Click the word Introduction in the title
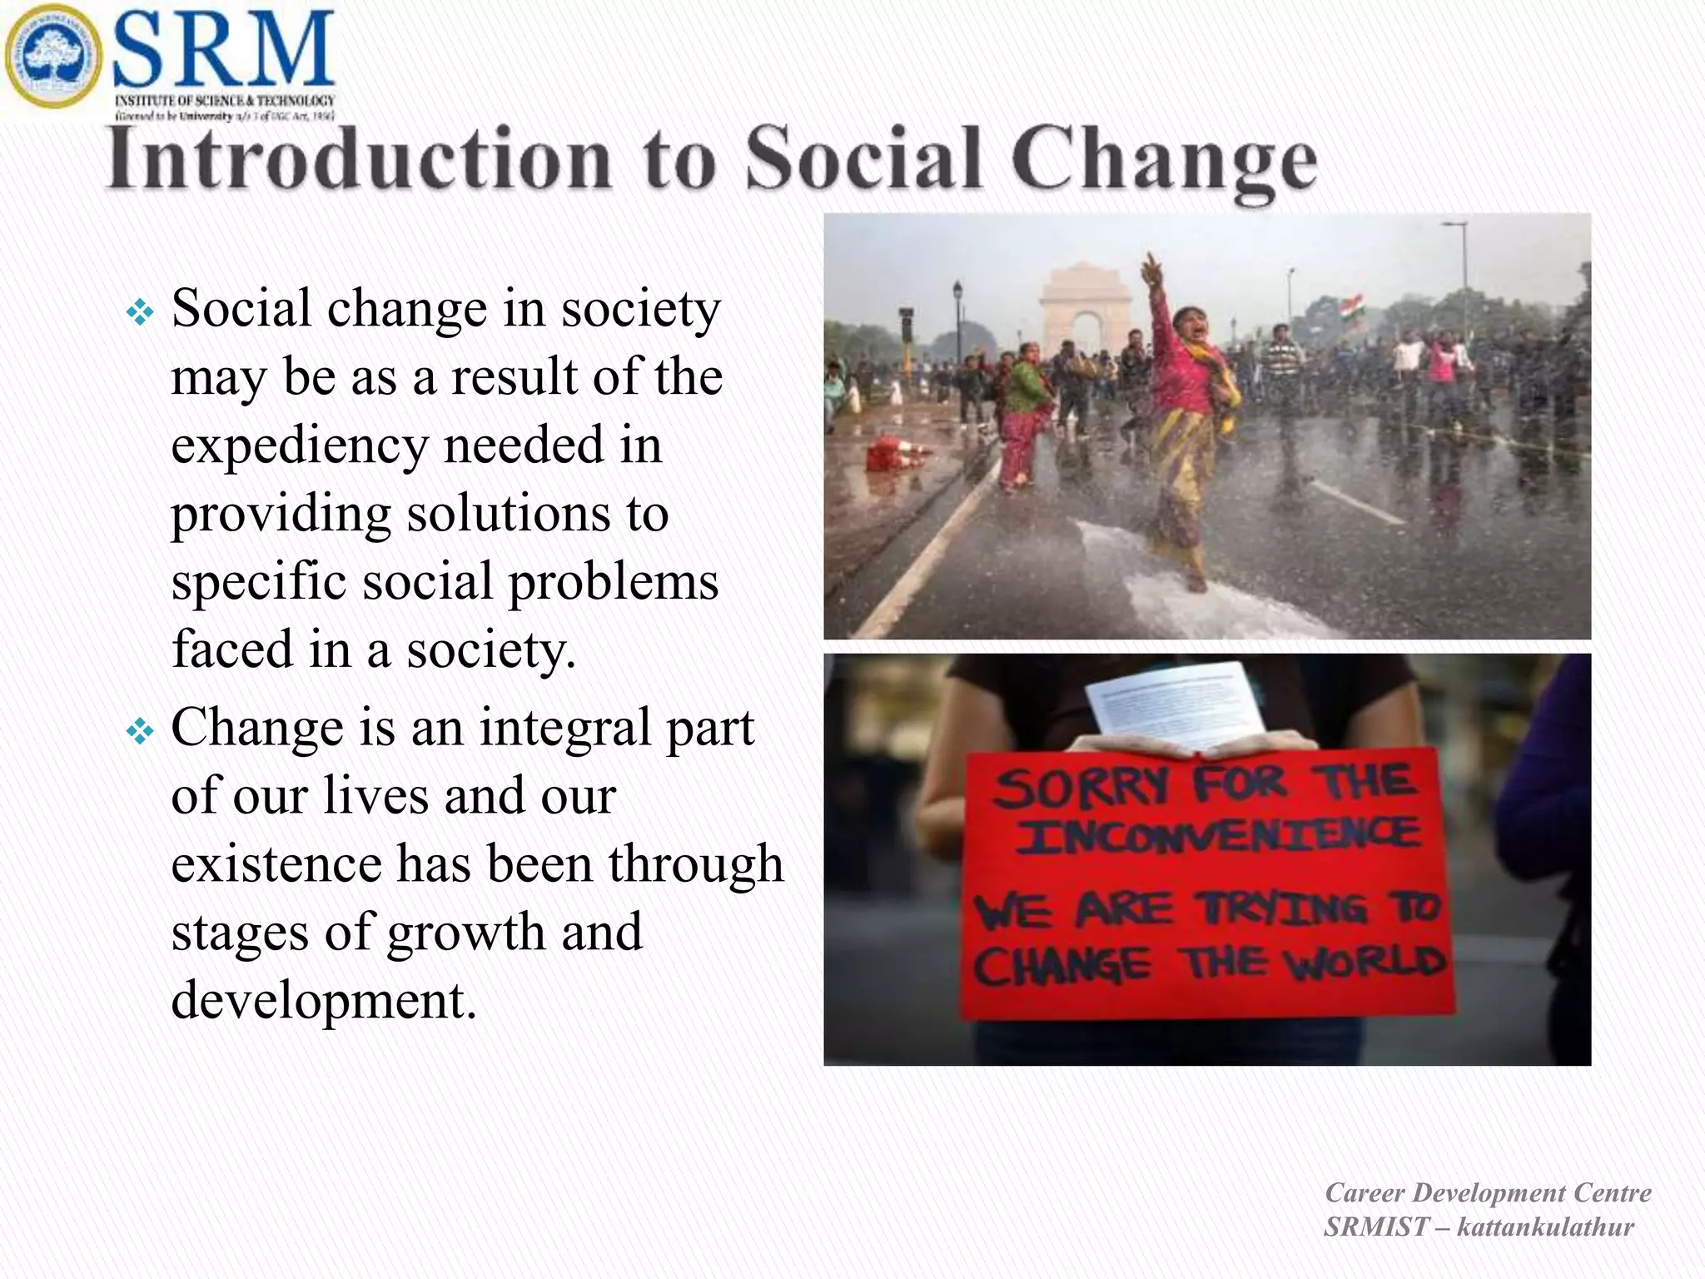[x=358, y=160]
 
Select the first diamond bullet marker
[x=140, y=313]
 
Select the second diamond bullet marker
[x=140, y=732]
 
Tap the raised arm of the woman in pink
[x=1156, y=291]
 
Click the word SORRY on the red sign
[x=1081, y=788]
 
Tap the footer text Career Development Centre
[x=1487, y=1192]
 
